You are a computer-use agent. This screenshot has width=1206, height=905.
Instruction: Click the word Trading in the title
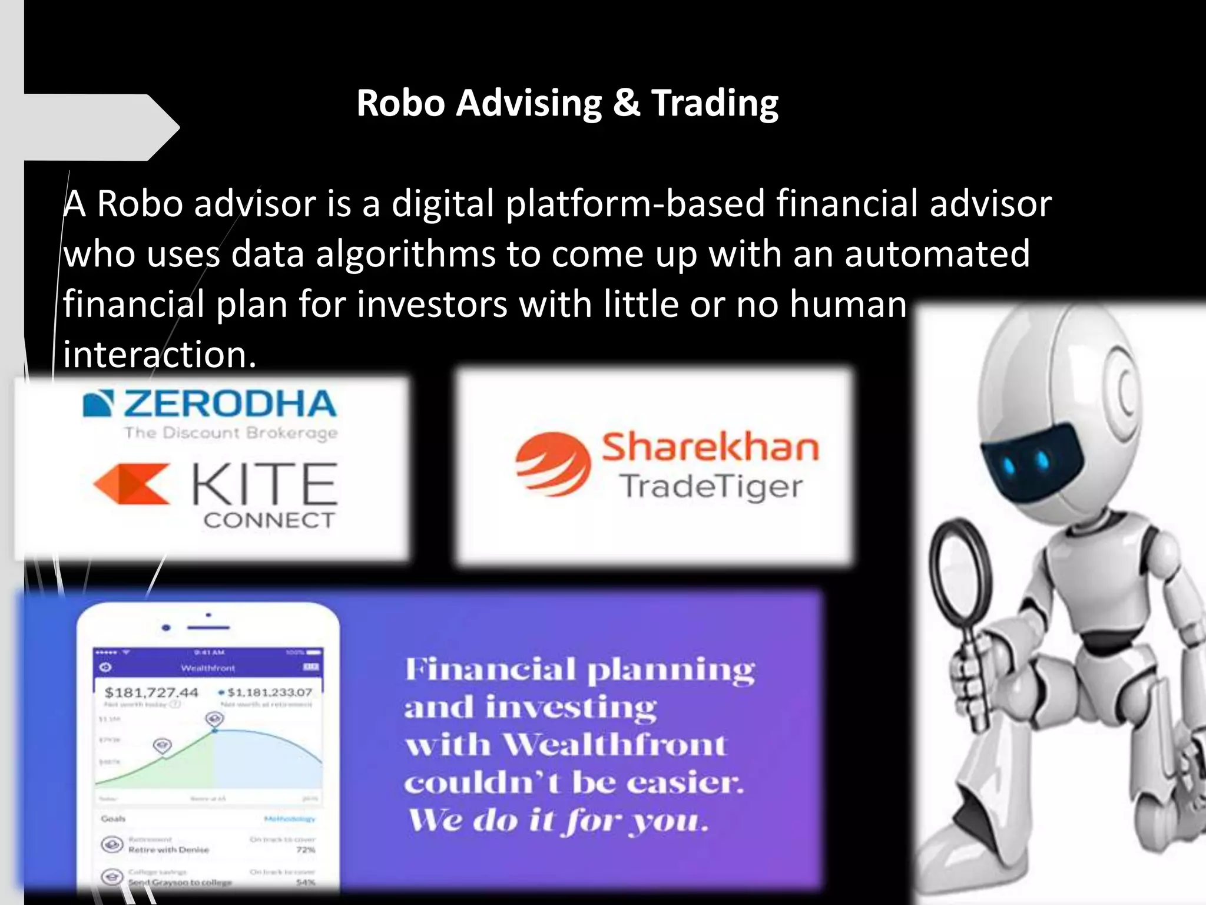pyautogui.click(x=714, y=104)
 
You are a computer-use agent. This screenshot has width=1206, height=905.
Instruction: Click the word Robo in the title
pyautogui.click(x=400, y=104)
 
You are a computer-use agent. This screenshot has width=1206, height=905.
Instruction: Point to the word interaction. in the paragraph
pyautogui.click(x=160, y=355)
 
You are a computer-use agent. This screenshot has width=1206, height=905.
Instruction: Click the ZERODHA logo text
pyautogui.click(x=229, y=404)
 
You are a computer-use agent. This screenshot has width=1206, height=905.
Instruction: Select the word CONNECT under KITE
pyautogui.click(x=269, y=520)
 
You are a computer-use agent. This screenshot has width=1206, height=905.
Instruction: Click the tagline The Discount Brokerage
pyautogui.click(x=231, y=433)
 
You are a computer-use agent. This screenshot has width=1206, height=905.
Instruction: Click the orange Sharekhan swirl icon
pyautogui.click(x=552, y=463)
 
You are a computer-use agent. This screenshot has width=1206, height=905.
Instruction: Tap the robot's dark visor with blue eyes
pyautogui.click(x=1030, y=463)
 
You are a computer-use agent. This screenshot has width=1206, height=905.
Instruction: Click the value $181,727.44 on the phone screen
pyautogui.click(x=151, y=692)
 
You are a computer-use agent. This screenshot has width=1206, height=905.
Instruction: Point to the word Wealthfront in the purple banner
pyautogui.click(x=615, y=745)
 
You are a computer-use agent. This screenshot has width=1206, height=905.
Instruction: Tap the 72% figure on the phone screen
pyautogui.click(x=306, y=850)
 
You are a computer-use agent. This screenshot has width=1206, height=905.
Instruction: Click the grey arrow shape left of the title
pyautogui.click(x=100, y=127)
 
